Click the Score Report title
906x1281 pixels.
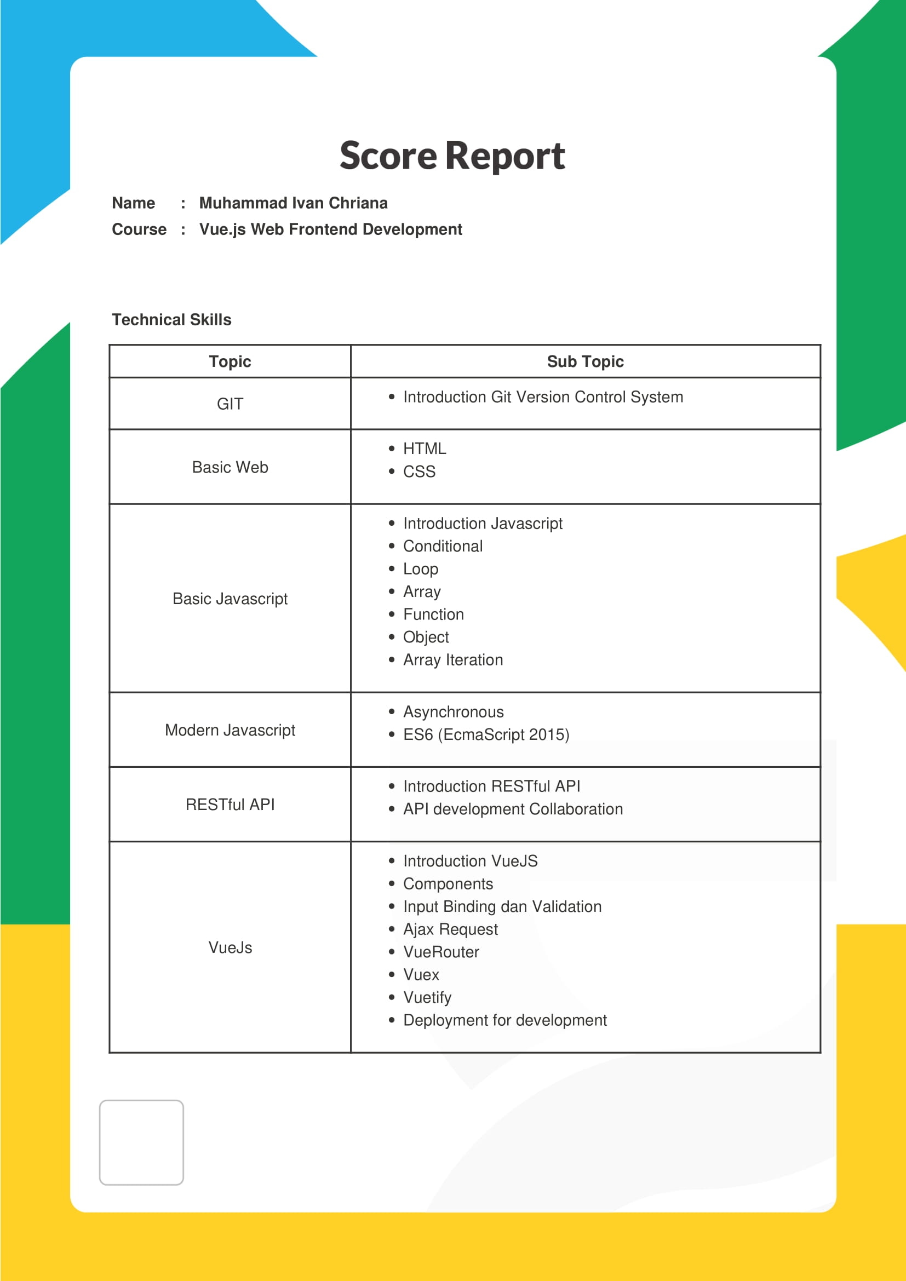[x=452, y=156]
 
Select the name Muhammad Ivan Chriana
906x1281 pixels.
[x=293, y=203]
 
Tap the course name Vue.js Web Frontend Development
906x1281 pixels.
[x=330, y=229]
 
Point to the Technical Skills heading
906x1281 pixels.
[x=171, y=320]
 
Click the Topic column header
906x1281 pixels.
[x=230, y=361]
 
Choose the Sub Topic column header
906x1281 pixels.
[x=584, y=361]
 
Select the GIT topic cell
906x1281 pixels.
[x=230, y=404]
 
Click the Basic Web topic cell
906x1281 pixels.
[x=230, y=468]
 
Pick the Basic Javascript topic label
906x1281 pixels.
[x=230, y=599]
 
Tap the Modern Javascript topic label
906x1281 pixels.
[x=230, y=731]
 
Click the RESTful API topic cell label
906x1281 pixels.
[x=230, y=805]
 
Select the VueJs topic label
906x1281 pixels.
[x=230, y=947]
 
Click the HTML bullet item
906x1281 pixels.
[x=424, y=449]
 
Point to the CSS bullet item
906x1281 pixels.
[x=419, y=472]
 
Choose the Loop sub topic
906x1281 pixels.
[x=421, y=569]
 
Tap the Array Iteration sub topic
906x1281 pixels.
[x=452, y=660]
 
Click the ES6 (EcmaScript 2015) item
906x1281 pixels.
[x=486, y=735]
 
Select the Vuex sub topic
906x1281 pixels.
[x=421, y=975]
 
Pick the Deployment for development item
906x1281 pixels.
[x=504, y=1020]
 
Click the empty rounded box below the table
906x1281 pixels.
[x=141, y=1142]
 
